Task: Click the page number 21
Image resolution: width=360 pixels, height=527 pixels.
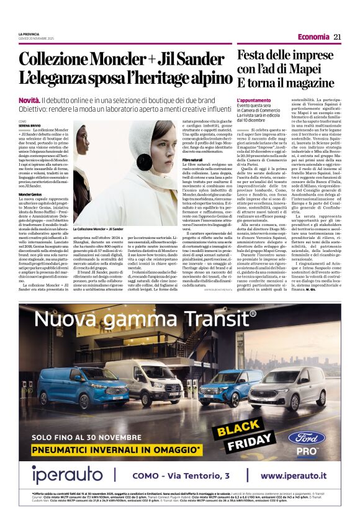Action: click(x=337, y=37)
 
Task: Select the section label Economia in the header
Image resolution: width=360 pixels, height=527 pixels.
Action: click(x=313, y=37)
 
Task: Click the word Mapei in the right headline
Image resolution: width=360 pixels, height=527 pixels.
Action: click(x=314, y=68)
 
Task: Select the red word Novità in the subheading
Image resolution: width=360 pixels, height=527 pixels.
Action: click(x=29, y=99)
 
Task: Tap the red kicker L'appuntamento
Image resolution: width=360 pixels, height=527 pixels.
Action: click(x=253, y=100)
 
